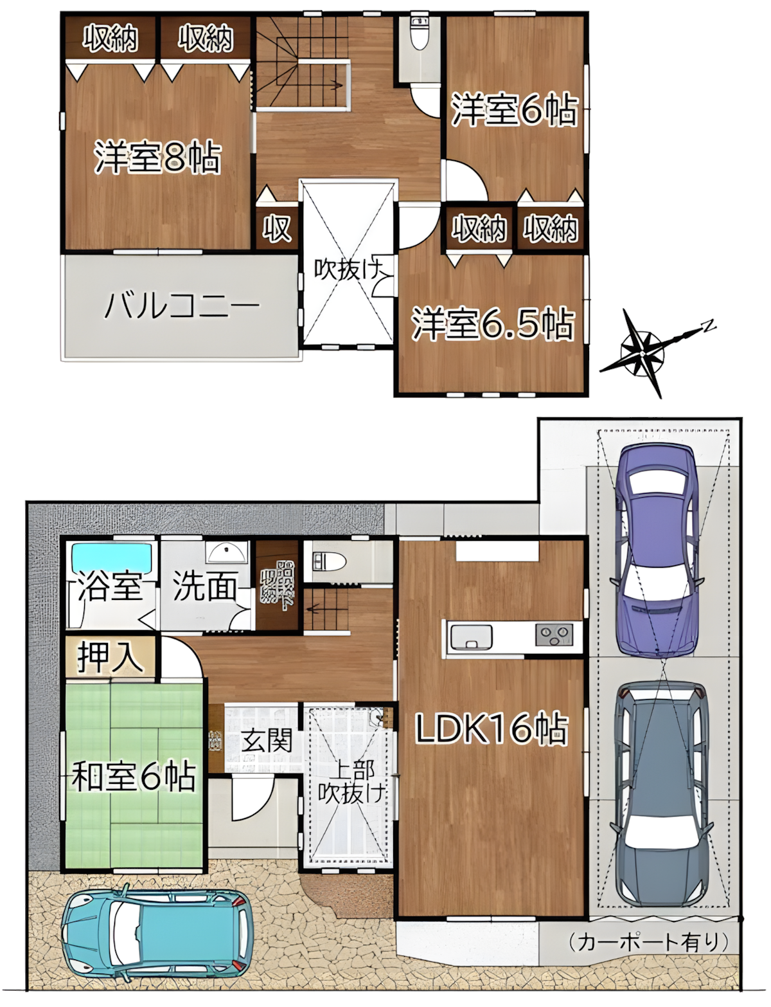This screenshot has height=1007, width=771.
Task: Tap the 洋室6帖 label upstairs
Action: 515,110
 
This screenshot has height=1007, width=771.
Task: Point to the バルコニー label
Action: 182,305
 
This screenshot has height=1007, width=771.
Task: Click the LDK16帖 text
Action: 492,730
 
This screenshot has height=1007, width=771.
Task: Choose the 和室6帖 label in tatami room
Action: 134,776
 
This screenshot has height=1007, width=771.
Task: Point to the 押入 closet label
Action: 110,657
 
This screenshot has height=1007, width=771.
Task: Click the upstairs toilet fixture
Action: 420,35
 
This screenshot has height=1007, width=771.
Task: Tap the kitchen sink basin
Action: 471,637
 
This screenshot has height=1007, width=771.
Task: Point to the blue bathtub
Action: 112,555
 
